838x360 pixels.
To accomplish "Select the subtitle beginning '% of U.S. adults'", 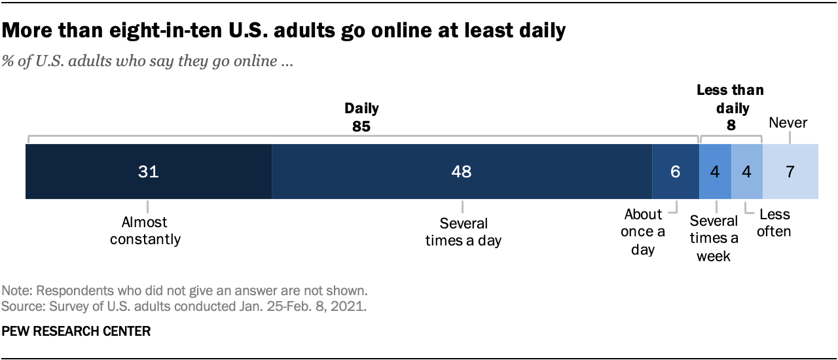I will coord(148,63).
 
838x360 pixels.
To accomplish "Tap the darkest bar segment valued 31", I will coord(149,171).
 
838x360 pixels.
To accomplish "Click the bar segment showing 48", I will coord(462,171).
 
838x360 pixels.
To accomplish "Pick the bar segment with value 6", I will coord(675,171).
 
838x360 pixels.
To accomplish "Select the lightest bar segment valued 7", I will coord(790,171).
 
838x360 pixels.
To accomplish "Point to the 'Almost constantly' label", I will coord(145,231).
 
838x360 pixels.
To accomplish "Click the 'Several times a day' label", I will coord(463,232).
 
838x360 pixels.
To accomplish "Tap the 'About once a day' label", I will coord(643,232).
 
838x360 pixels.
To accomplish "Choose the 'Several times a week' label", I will coord(714,238).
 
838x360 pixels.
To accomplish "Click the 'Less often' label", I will coord(774,223).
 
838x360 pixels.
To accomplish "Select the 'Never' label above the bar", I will coord(788,122).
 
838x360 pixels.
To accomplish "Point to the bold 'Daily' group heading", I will coord(361,108).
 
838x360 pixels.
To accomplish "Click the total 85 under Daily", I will coord(361,126).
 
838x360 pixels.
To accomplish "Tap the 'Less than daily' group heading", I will coord(730,99).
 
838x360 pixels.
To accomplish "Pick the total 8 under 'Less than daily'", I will coord(730,126).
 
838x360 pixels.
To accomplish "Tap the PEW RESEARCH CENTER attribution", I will coord(77,332).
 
